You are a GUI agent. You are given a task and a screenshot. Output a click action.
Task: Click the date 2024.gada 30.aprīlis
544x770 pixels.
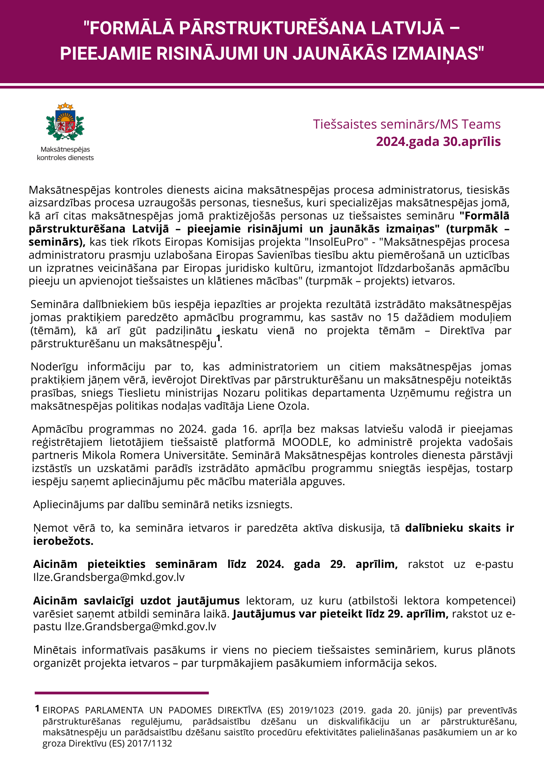[x=438, y=141]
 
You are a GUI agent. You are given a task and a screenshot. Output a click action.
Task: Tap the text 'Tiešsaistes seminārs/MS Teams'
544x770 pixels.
[x=407, y=124]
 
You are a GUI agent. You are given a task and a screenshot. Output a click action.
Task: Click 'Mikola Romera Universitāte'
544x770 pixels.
[x=154, y=455]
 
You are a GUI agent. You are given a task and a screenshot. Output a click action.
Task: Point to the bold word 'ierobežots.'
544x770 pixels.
[x=63, y=541]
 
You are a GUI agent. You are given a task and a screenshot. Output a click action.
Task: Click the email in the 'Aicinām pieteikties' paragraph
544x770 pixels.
[x=109, y=577]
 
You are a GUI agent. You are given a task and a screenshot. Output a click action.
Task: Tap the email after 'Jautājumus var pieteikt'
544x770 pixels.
[x=140, y=626]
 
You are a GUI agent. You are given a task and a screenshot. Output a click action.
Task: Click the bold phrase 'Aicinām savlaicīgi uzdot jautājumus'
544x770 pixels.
[x=137, y=600]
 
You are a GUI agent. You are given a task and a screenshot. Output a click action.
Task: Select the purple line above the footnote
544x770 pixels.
[x=122, y=693]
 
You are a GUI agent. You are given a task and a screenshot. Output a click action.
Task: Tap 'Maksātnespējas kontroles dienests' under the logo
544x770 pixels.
[x=65, y=153]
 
